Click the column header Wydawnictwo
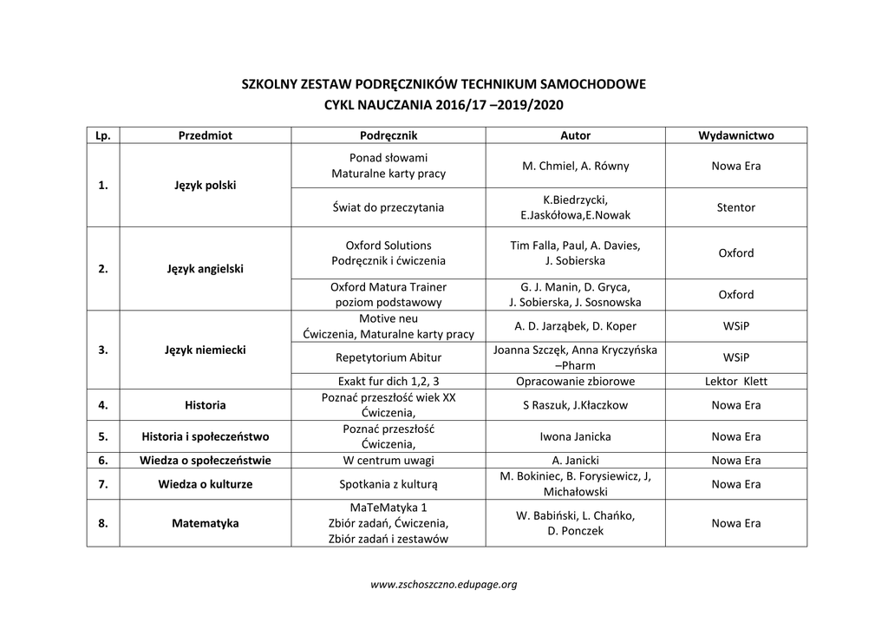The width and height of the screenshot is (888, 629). (735, 135)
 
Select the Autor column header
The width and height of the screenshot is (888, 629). (575, 135)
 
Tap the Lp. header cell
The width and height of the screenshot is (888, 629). (102, 135)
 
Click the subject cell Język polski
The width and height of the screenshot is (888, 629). (205, 186)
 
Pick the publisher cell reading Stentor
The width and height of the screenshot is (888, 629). (735, 207)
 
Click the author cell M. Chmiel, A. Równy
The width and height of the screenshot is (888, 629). (575, 166)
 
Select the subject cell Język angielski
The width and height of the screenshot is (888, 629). (205, 269)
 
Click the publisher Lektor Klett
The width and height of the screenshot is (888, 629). (735, 381)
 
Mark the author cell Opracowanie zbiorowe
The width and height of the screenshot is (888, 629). (575, 381)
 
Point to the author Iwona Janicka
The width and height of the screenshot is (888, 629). (575, 436)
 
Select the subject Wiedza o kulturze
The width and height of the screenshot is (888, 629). (205, 484)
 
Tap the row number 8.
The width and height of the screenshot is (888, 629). (102, 523)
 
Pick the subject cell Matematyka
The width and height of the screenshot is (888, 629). (205, 523)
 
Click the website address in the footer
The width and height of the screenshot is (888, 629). (443, 584)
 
